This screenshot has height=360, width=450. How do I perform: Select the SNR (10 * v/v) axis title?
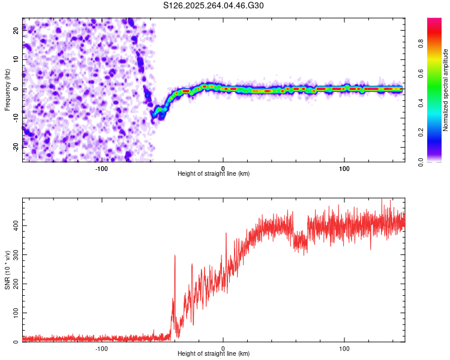click(x=7, y=270)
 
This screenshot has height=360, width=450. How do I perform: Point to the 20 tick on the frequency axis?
click(x=16, y=32)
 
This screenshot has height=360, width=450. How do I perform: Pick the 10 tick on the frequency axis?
click(x=16, y=61)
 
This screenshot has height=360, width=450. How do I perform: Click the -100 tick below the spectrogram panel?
click(x=101, y=168)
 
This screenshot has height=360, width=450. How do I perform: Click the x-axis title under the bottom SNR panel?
click(x=214, y=354)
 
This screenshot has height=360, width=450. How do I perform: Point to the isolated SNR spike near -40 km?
click(x=175, y=257)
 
